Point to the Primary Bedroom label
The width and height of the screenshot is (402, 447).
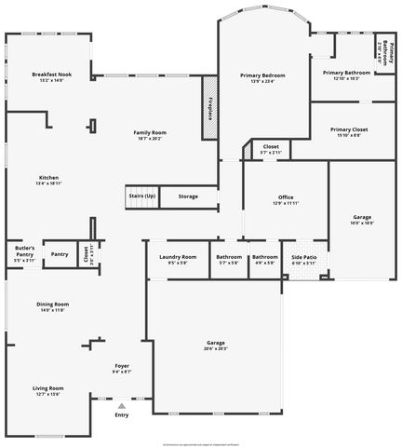(x=261, y=74)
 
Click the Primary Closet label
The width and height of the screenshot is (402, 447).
(x=349, y=129)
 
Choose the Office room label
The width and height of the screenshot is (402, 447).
(x=286, y=196)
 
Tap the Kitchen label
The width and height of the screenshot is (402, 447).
(x=48, y=178)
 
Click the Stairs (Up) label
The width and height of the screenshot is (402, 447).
(x=142, y=196)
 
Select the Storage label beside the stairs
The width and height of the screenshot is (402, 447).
(x=188, y=196)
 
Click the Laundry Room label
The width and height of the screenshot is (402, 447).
(x=177, y=256)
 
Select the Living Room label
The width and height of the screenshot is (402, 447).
(x=47, y=387)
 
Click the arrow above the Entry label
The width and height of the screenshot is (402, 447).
(x=122, y=407)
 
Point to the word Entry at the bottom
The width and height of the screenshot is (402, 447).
(x=122, y=415)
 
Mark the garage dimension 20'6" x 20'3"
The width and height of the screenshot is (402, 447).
(x=216, y=349)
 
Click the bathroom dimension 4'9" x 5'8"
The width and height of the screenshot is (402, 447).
(x=264, y=263)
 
